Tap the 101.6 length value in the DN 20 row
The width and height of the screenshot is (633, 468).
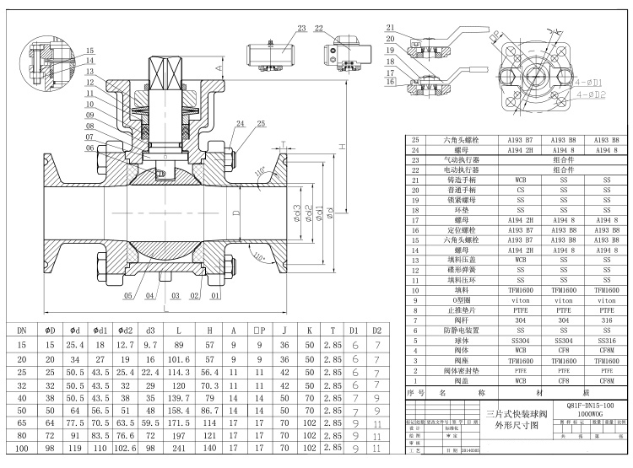pos(178,359)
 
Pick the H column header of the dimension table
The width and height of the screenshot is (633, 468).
pos(209,331)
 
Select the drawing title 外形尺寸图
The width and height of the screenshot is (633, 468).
pos(517,426)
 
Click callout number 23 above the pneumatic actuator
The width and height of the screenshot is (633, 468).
pos(301,28)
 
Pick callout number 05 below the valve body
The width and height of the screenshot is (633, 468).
pos(129,297)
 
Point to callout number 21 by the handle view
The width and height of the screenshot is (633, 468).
pos(391,28)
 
